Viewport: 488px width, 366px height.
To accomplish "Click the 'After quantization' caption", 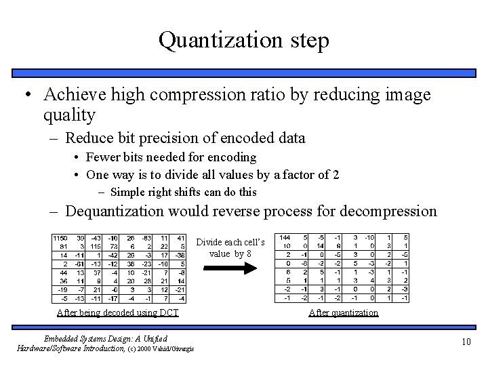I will [x=343, y=312].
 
